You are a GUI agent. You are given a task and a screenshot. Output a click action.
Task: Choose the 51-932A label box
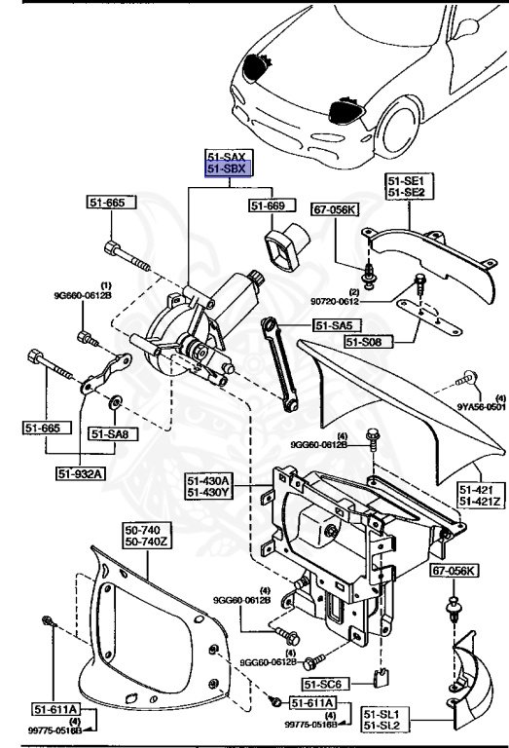coord(82,474)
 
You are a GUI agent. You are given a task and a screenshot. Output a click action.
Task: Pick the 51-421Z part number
coord(482,502)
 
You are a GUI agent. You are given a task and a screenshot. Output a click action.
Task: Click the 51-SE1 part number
coord(406,181)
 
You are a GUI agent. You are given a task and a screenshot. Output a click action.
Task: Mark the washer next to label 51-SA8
coord(115,400)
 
